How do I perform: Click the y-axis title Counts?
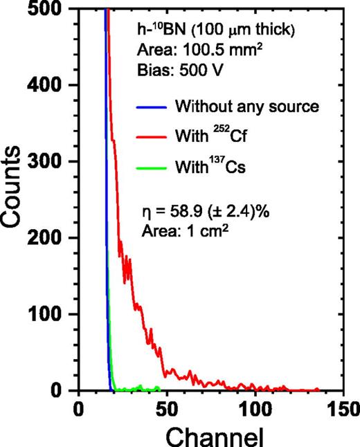15,201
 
